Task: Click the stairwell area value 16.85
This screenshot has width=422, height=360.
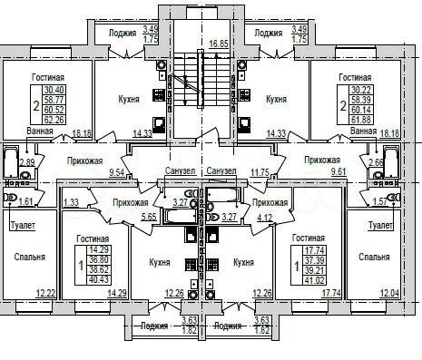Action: pos(217,43)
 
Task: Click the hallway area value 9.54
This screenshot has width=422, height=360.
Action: pos(115,170)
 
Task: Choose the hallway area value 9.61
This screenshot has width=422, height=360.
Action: pos(311,170)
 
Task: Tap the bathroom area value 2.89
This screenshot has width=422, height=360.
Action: pos(27,162)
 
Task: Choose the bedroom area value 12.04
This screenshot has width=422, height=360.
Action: pos(389,293)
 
